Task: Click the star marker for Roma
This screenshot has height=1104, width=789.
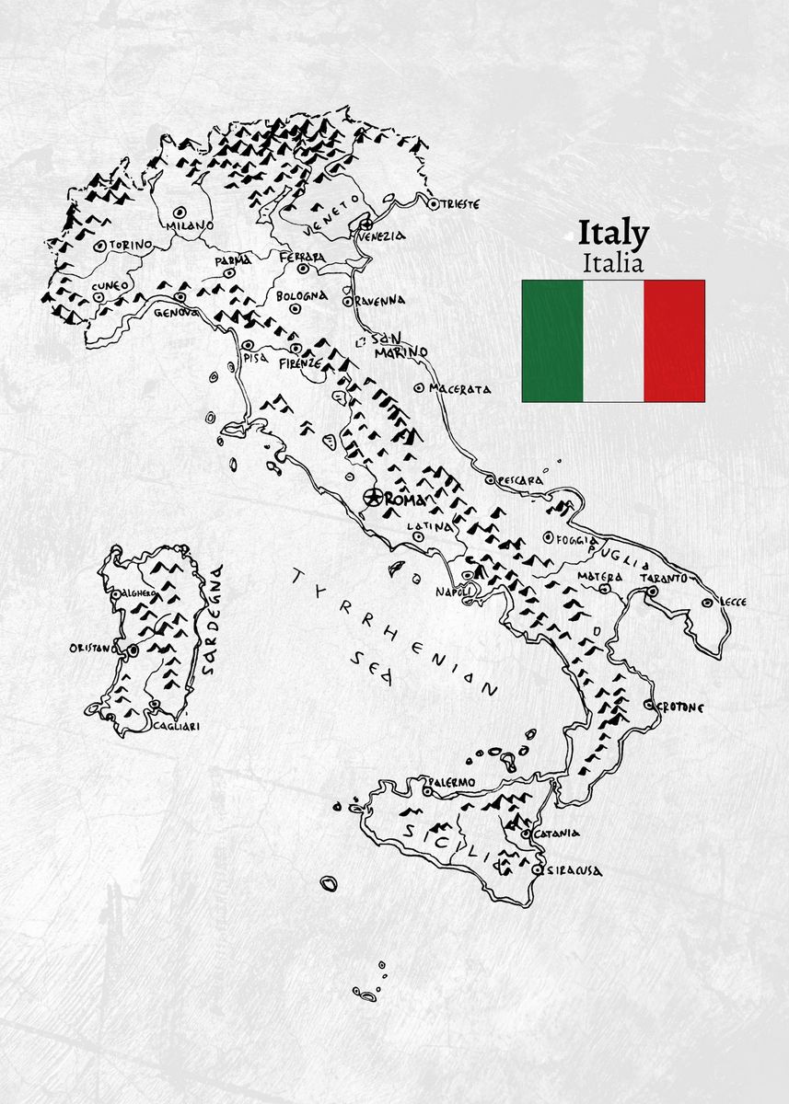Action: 374,498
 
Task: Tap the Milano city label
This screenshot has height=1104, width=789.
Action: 189,225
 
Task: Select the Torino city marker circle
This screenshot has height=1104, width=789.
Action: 99,246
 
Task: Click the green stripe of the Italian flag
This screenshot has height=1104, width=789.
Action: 552,341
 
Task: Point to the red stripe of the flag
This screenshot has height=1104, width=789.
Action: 674,341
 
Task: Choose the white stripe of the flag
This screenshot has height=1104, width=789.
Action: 613,341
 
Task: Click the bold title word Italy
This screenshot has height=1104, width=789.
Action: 613,234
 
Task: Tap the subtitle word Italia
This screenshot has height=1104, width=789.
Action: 613,263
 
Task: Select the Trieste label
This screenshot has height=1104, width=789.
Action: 460,204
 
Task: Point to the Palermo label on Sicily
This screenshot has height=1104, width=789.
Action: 453,783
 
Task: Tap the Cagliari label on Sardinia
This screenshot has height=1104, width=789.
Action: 175,726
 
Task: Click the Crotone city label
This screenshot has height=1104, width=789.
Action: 680,707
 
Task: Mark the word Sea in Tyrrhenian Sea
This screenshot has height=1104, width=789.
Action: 374,668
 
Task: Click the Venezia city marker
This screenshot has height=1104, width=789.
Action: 366,223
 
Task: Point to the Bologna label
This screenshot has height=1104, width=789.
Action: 301,296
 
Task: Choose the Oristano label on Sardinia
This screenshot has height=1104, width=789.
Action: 94,649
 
